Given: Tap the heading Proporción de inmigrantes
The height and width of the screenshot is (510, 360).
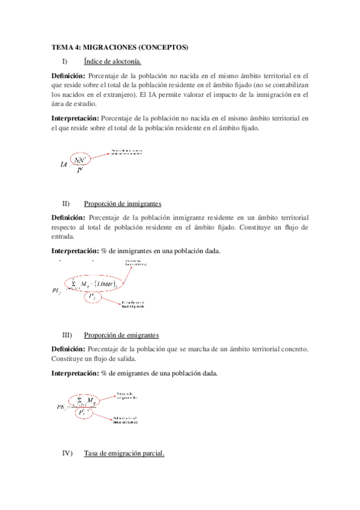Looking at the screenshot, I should [123, 203].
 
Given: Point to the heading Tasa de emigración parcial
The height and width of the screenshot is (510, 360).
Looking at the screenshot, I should [124, 453].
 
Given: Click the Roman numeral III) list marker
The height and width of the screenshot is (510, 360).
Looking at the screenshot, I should [67, 335].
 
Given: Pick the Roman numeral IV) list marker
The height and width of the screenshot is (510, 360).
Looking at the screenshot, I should [68, 453].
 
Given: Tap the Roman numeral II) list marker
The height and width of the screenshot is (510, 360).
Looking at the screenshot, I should [66, 203].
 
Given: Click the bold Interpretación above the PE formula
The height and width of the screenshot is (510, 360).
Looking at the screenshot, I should [75, 373].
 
